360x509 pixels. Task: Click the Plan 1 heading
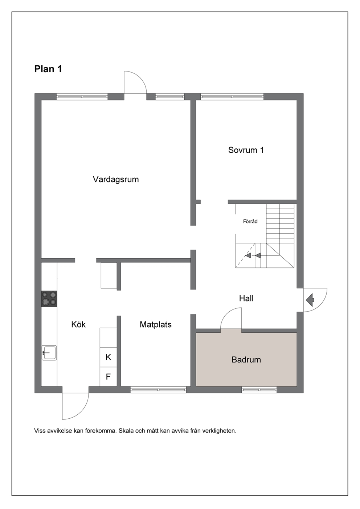pyautogui.click(x=48, y=69)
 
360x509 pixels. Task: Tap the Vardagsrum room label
pyautogui.click(x=116, y=180)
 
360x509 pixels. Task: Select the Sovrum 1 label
pyautogui.click(x=246, y=150)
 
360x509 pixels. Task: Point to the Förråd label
pyautogui.click(x=250, y=221)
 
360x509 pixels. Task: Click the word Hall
pyautogui.click(x=246, y=298)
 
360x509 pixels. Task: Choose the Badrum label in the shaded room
pyautogui.click(x=246, y=360)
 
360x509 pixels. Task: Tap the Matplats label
pyautogui.click(x=156, y=324)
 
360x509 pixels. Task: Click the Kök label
pyautogui.click(x=78, y=324)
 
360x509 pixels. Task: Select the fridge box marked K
pyautogui.click(x=109, y=357)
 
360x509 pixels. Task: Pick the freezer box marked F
pyautogui.click(x=109, y=377)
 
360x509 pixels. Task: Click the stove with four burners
pyautogui.click(x=49, y=299)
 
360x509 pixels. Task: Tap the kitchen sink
pyautogui.click(x=49, y=353)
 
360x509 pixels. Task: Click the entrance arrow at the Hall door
pyautogui.click(x=310, y=300)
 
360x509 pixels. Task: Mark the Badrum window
pyautogui.click(x=259, y=390)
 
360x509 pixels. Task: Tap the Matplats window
pyautogui.click(x=158, y=390)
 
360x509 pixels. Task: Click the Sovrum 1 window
pyautogui.click(x=232, y=97)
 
